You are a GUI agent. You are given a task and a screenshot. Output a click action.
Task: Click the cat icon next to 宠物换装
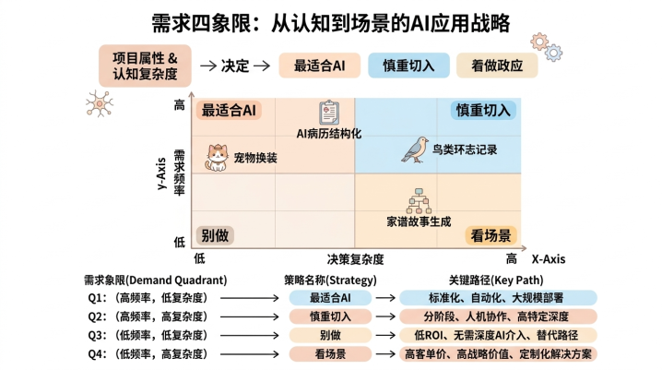217,158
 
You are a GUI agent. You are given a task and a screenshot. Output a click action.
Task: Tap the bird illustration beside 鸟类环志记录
415,149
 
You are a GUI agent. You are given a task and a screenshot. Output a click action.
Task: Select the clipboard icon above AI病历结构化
329,113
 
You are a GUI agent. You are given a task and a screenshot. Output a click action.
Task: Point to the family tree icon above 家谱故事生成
419,201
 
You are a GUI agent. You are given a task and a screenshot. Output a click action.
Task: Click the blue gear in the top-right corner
553,53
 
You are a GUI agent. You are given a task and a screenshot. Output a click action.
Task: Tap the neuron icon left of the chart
100,103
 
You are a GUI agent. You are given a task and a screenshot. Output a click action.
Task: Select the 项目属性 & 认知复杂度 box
145,66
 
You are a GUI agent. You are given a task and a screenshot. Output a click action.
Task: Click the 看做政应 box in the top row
497,66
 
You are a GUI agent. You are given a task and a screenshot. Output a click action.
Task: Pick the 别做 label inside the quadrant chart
215,235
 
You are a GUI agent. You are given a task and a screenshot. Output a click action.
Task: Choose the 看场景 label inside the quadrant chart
491,235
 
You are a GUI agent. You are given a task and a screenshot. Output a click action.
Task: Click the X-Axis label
548,259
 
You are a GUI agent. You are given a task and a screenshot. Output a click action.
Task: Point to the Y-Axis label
161,173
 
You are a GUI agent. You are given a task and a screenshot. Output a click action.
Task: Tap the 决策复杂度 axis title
355,259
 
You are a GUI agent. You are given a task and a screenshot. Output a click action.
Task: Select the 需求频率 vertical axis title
180,173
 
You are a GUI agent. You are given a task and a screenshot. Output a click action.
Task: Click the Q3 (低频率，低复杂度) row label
148,335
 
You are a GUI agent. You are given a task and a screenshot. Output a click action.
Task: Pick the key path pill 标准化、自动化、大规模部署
498,298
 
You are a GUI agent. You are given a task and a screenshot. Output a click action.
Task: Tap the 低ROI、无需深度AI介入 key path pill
498,335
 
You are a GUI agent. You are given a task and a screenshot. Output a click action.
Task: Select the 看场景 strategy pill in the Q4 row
330,353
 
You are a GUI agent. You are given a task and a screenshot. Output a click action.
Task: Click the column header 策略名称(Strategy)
330,280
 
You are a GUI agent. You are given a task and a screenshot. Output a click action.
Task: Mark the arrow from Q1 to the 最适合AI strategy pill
250,298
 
